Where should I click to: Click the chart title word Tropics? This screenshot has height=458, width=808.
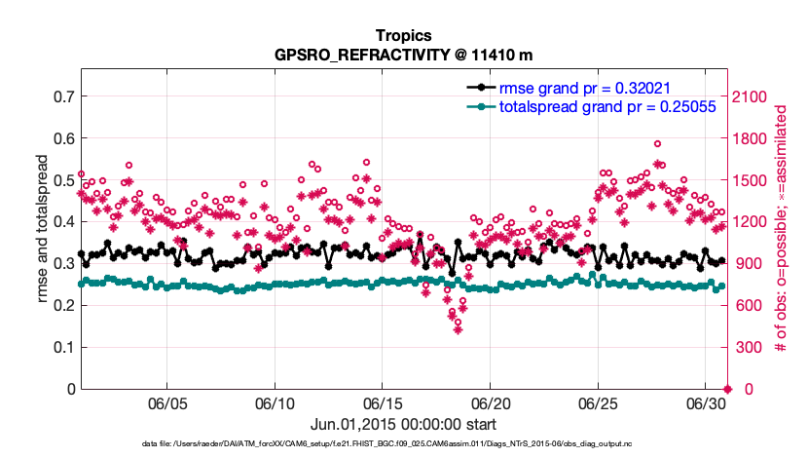[404, 36]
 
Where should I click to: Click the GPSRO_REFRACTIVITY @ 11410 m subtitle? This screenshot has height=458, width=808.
[404, 55]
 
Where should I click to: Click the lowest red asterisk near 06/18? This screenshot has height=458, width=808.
[458, 329]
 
